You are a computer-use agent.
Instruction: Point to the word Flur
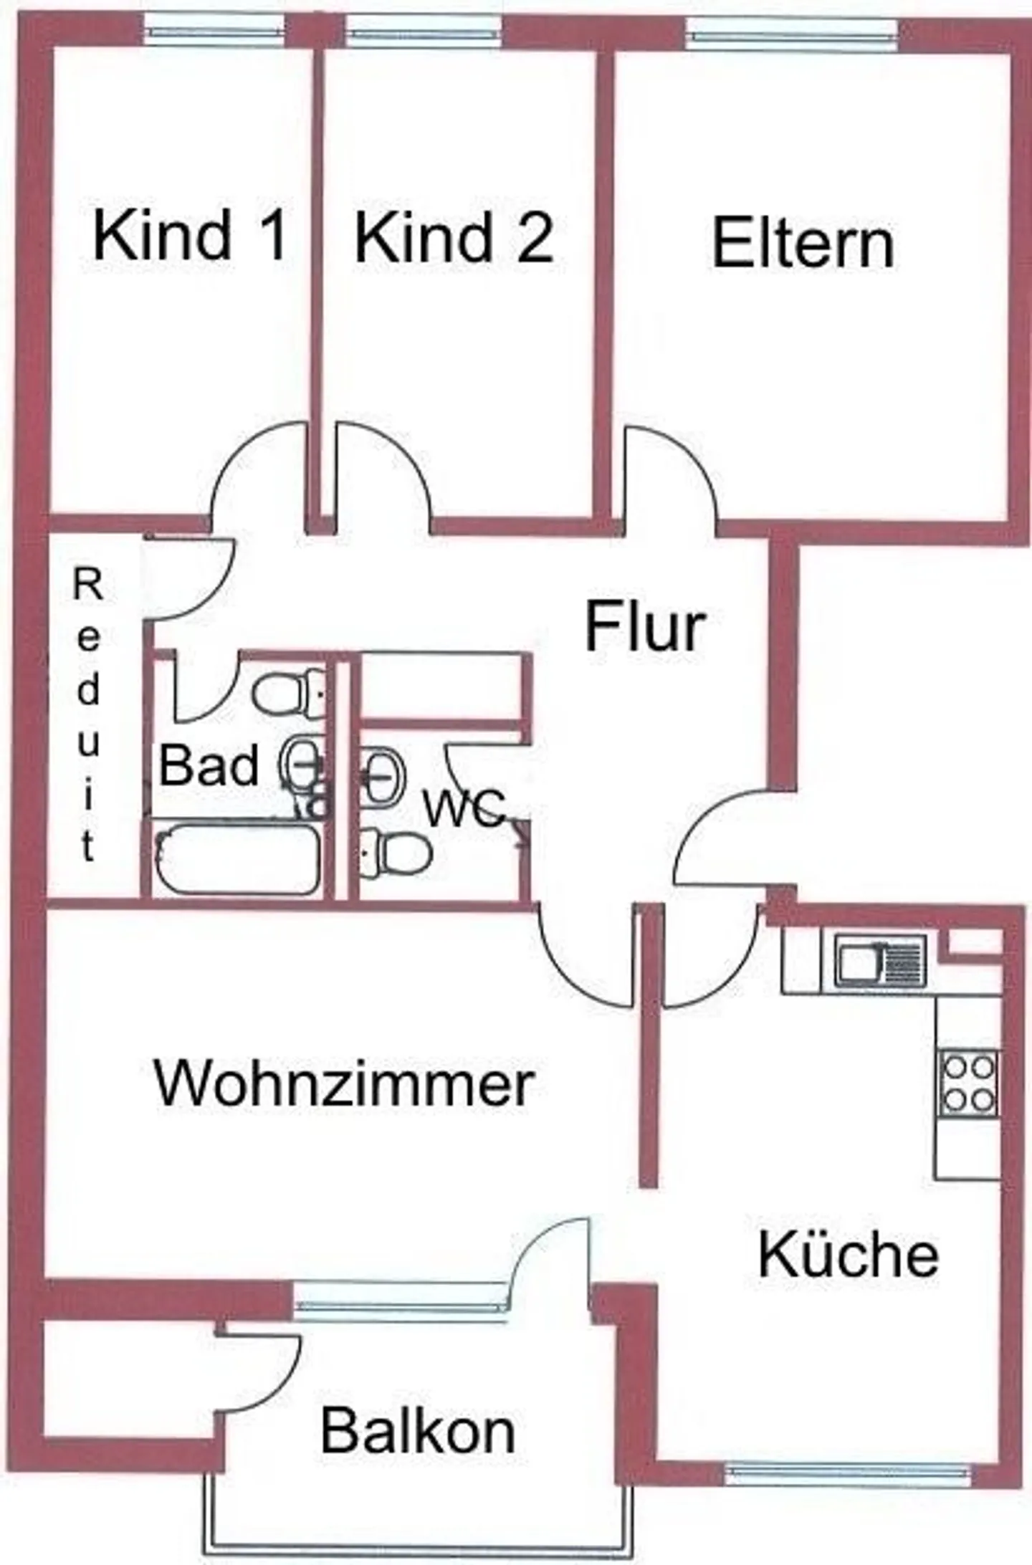645,628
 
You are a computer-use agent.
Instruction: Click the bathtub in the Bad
236,858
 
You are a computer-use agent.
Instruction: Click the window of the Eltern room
792,32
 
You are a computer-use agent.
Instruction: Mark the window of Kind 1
213,30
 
